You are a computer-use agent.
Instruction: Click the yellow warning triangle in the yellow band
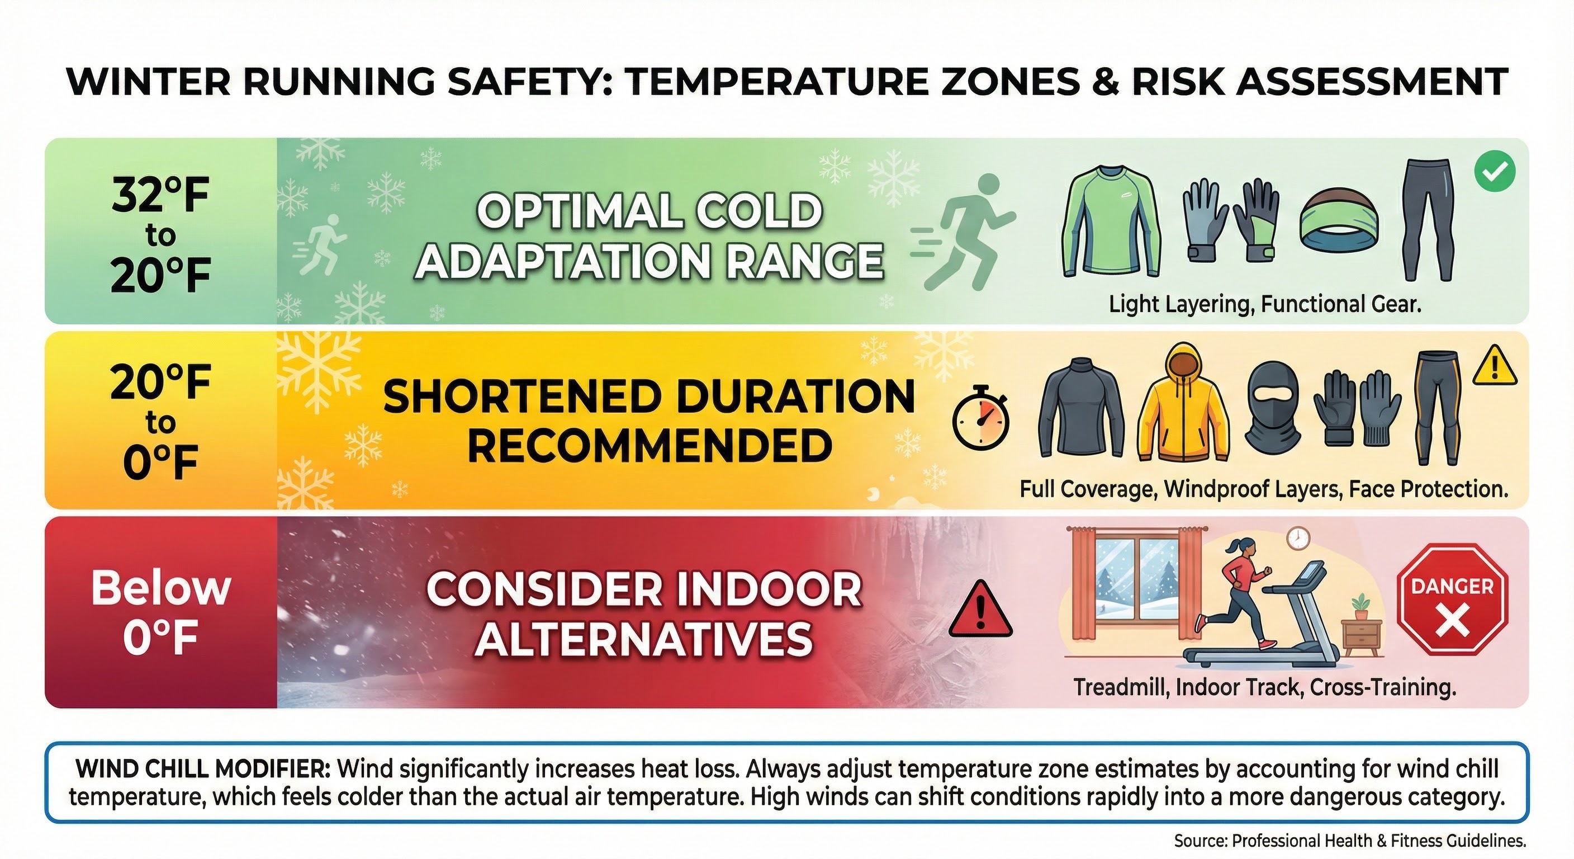[1494, 366]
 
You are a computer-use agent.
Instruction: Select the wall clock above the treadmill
[1298, 539]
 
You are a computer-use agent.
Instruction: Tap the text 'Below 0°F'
[161, 611]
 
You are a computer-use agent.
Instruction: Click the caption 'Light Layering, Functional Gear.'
[1265, 304]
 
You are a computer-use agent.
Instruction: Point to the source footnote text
[1350, 841]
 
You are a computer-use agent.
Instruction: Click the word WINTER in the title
[149, 82]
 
